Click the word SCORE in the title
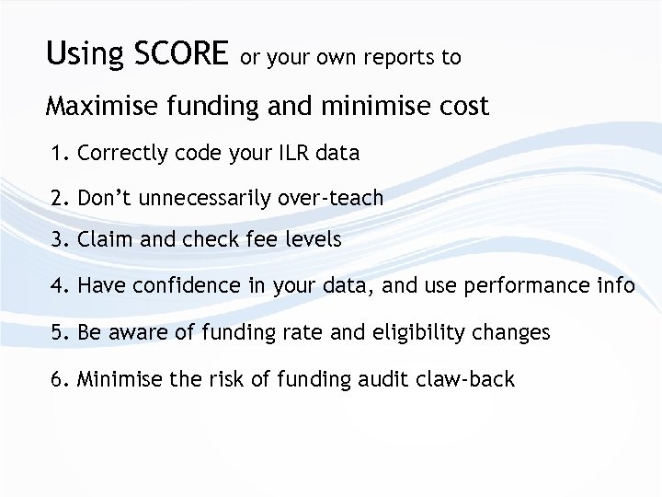pyautogui.click(x=181, y=54)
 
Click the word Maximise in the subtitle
pyautogui.click(x=103, y=107)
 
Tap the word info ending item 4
pyautogui.click(x=616, y=286)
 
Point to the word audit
pyautogui.click(x=359, y=378)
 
